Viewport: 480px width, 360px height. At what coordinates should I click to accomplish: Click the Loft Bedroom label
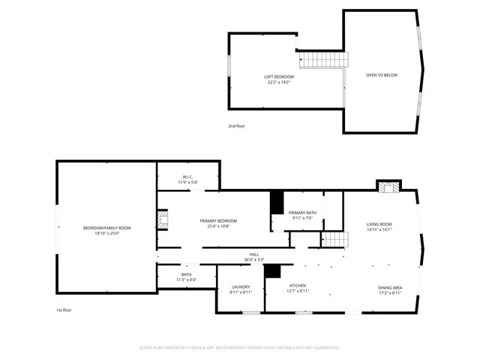pyautogui.click(x=278, y=76)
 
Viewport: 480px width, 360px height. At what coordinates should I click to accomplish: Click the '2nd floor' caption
pyautogui.click(x=236, y=126)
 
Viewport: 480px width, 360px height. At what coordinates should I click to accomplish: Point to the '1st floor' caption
pyautogui.click(x=64, y=310)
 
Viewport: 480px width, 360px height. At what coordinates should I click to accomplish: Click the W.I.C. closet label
pyautogui.click(x=187, y=177)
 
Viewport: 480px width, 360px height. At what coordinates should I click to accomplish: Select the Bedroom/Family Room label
pyautogui.click(x=106, y=228)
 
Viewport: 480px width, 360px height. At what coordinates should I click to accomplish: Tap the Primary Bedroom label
pyautogui.click(x=218, y=220)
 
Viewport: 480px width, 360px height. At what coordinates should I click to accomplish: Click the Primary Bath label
pyautogui.click(x=302, y=213)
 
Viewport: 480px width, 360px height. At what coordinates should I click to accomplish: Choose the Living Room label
pyautogui.click(x=379, y=224)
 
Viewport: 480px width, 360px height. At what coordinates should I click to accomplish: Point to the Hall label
pyautogui.click(x=254, y=255)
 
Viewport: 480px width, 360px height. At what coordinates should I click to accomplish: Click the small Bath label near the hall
pyautogui.click(x=186, y=275)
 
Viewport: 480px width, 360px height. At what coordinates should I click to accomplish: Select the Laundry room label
pyautogui.click(x=241, y=286)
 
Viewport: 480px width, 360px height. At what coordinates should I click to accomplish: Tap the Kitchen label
pyautogui.click(x=298, y=286)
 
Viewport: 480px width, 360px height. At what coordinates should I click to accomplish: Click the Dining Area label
pyautogui.click(x=389, y=287)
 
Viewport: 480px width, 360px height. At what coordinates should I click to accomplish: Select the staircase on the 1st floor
pyautogui.click(x=335, y=239)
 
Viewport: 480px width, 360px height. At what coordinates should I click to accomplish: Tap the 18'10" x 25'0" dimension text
pyautogui.click(x=106, y=233)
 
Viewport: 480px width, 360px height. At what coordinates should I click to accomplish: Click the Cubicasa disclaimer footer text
pyautogui.click(x=240, y=347)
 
